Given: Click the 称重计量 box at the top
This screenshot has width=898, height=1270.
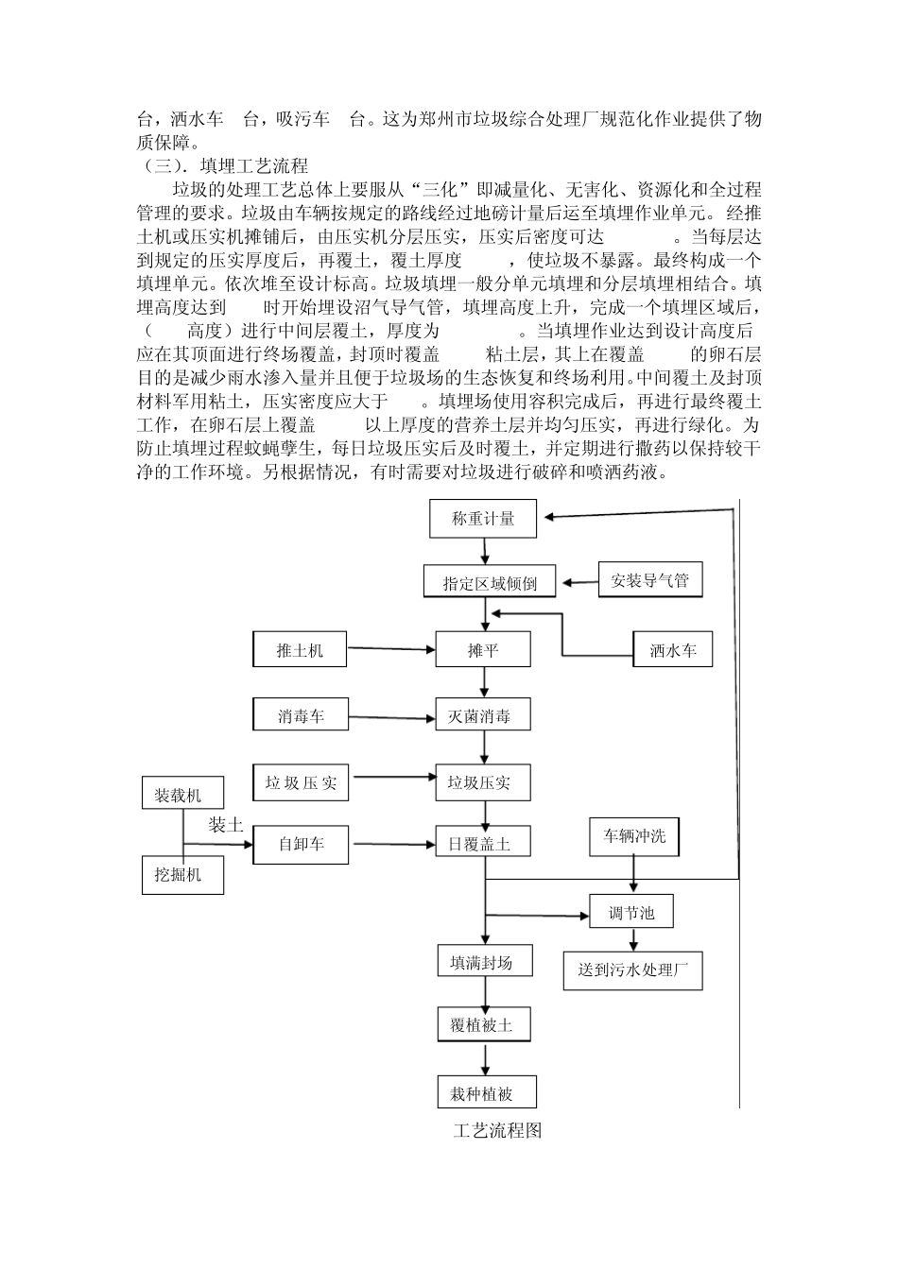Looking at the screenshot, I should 483,518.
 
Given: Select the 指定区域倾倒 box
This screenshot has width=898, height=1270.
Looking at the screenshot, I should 490,582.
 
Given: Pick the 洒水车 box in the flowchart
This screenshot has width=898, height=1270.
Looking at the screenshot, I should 672,650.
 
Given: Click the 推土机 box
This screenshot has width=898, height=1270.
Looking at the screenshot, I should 300,650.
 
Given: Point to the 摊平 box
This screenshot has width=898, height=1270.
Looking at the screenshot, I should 482,650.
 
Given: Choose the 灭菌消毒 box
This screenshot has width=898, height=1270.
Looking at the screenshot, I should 482,715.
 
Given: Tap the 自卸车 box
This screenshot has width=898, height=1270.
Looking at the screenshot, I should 301,844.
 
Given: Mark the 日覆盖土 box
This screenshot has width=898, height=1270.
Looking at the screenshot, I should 482,844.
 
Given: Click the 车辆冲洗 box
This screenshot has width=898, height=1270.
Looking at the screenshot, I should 634,836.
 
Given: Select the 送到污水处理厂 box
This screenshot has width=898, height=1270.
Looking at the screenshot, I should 632,970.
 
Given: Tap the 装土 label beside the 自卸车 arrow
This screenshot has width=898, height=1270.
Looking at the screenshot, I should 226,824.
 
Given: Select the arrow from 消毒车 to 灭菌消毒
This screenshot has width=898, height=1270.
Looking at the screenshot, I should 392,718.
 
